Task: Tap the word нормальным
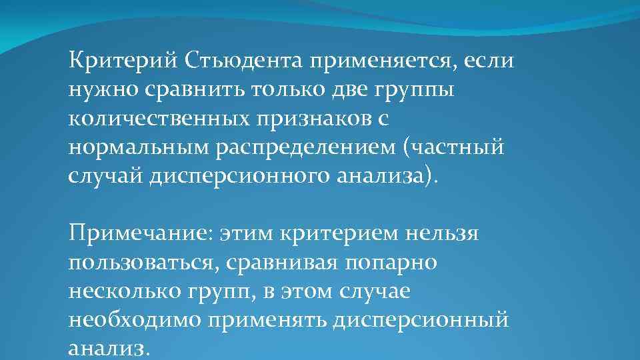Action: tap(137, 148)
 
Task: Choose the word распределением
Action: tap(306, 148)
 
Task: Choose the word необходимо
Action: tap(134, 320)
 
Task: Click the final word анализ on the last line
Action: tap(107, 349)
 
